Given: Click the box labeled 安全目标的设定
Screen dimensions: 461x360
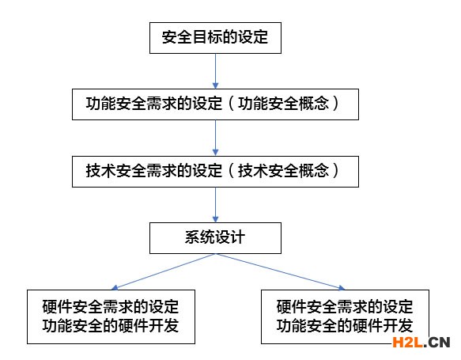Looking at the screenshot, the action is [x=215, y=38].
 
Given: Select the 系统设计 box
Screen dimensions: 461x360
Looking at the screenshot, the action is [x=215, y=238].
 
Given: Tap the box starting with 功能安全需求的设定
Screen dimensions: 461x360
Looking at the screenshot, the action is [x=215, y=104].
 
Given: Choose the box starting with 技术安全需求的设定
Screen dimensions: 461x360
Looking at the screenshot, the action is [x=215, y=172].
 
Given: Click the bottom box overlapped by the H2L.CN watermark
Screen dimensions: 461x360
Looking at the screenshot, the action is [x=345, y=316].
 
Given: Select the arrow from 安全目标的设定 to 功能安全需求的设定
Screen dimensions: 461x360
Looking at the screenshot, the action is [x=216, y=71].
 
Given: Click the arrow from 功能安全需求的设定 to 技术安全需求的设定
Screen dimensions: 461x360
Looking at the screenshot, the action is [x=216, y=138].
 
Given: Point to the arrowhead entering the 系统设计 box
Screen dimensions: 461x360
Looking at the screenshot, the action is [x=216, y=219].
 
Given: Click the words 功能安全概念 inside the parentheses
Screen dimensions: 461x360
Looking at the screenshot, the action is [x=283, y=104].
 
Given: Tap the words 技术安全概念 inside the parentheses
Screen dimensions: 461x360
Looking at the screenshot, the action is [x=283, y=171].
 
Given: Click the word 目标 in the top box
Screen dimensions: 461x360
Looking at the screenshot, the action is [x=207, y=37].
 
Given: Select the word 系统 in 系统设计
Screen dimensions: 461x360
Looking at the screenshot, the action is [x=200, y=237].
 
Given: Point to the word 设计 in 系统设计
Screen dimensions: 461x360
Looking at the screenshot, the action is [x=230, y=237].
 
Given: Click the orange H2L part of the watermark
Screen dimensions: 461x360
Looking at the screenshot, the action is [x=408, y=342].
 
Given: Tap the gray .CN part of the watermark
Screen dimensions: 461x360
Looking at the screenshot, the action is [x=437, y=342].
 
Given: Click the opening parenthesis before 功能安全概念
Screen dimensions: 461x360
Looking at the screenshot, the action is [x=232, y=104].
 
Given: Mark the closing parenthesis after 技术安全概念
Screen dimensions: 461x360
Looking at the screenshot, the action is [x=335, y=171].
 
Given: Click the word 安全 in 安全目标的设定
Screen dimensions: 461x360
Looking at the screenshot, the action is [x=177, y=37].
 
